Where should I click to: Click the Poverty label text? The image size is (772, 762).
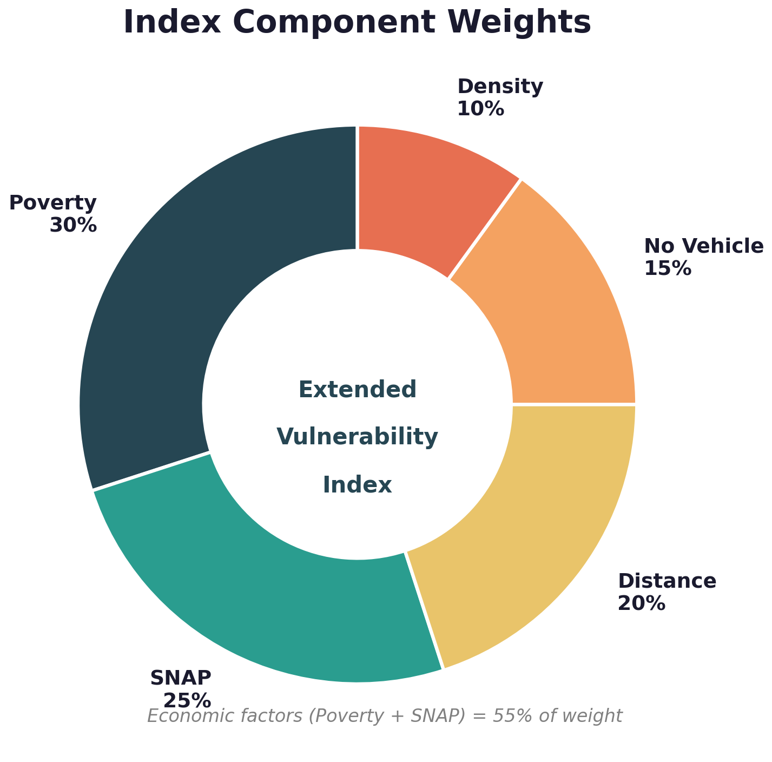(53, 203)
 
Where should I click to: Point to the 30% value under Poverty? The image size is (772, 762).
(73, 225)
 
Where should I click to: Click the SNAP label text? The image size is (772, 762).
(181, 678)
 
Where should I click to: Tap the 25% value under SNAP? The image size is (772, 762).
(187, 701)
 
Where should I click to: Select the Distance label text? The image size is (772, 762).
(667, 581)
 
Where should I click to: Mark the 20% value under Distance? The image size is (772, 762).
(641, 603)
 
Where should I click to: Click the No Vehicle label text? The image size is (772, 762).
(703, 246)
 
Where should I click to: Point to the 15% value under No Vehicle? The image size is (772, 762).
(668, 268)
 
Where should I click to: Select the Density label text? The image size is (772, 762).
(500, 87)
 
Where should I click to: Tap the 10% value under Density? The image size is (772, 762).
(480, 109)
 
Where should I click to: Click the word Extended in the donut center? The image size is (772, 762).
(358, 390)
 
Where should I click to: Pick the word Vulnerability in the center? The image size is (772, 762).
(358, 437)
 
